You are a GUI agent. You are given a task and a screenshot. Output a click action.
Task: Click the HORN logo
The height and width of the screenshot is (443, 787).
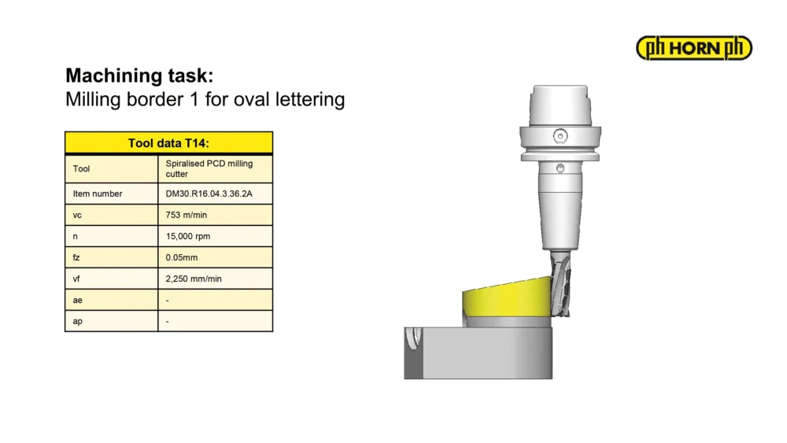693,48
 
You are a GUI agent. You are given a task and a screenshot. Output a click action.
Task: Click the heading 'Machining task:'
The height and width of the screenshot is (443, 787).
139,76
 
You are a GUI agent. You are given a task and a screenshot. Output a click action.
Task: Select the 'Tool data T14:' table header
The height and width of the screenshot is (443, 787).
168,143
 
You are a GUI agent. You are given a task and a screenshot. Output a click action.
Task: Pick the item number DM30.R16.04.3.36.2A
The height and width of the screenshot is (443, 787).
209,194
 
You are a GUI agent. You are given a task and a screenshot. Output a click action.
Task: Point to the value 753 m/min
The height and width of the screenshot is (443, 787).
187,215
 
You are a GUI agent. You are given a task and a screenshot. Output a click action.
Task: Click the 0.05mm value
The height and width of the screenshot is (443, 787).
182,257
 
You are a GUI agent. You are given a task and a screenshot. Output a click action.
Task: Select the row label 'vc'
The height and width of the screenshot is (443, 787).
77,216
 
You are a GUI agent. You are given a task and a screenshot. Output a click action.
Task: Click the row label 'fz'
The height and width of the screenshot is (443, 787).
76,257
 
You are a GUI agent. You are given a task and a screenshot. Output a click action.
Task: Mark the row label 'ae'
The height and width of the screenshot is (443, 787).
77,300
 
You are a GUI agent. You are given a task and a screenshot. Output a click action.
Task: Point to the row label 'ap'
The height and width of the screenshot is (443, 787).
77,322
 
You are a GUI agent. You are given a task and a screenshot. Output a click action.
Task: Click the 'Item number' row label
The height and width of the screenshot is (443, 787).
98,194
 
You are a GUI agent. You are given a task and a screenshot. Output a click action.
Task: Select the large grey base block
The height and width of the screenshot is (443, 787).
478,353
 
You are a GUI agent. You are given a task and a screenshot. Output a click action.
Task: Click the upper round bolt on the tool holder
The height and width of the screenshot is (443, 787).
560,136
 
